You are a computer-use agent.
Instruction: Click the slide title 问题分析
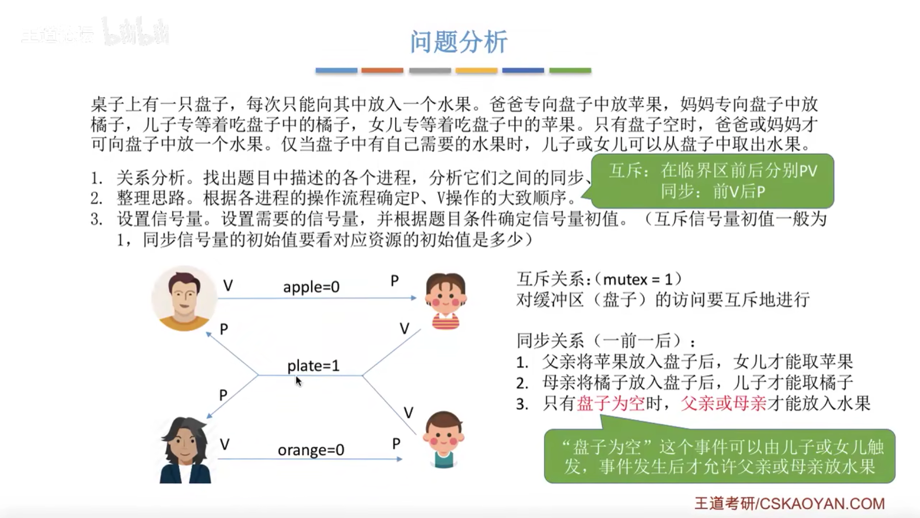coord(459,42)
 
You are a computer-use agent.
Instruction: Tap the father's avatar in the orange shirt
coord(184,298)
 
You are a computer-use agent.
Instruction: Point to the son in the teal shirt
coord(443,439)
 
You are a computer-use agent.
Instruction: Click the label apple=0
coord(311,287)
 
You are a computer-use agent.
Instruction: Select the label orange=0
coord(311,450)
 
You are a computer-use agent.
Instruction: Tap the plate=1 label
coord(313,365)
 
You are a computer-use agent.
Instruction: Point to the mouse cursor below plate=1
coord(299,381)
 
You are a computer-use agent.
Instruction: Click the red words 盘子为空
coord(611,403)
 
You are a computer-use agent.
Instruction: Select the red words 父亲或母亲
coord(724,403)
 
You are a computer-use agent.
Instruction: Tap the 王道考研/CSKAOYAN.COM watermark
coord(789,503)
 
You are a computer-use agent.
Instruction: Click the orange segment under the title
coord(382,71)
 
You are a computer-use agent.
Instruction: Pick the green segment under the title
coord(570,71)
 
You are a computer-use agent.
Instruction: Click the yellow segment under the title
coord(476,71)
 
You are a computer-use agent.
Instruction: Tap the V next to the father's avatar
coord(228,285)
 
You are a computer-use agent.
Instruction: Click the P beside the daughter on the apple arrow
coord(394,281)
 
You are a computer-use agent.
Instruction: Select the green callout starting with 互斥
coord(713,181)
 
